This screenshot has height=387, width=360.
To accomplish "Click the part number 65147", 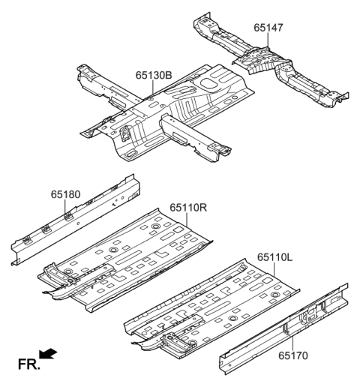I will point(269,28).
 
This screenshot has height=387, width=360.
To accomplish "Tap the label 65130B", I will point(153,75).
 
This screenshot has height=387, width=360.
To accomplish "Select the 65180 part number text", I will point(66,194).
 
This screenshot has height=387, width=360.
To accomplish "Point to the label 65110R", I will point(187,208).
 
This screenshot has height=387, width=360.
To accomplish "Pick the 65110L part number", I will point(276,256).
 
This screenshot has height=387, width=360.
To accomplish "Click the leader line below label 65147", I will point(268,42).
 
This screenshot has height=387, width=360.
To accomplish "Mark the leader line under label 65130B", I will point(151,88).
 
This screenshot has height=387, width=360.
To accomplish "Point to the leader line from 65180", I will point(67,207).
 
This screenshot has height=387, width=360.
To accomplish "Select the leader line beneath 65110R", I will point(184,219).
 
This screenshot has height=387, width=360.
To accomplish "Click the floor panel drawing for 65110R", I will point(135,259).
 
